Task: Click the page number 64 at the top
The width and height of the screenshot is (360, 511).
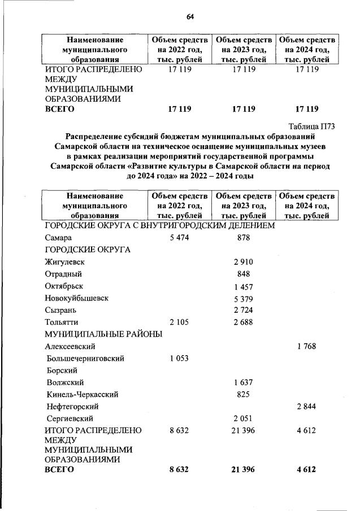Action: click(190, 17)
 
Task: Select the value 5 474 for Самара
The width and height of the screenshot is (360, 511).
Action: click(179, 238)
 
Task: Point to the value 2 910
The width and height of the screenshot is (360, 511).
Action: click(242, 262)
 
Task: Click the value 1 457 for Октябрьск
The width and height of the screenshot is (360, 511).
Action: click(242, 286)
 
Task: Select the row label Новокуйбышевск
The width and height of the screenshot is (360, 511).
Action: click(76, 298)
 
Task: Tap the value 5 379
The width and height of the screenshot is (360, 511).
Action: click(242, 299)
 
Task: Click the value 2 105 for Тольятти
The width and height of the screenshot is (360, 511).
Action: click(179, 322)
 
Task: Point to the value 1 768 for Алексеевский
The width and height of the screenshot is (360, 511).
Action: click(307, 346)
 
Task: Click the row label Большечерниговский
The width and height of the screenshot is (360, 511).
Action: click(86, 358)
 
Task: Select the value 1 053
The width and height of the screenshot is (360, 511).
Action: click(179, 358)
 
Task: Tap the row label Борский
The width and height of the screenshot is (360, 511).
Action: click(62, 370)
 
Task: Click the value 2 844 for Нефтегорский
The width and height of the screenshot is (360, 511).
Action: click(307, 406)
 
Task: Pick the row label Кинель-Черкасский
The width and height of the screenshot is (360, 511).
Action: click(83, 394)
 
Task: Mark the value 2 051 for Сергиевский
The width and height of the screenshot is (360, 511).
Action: click(242, 418)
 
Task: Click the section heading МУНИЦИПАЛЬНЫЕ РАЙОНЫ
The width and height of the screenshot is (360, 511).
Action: click(103, 334)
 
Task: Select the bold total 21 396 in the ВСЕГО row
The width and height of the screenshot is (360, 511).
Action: click(242, 470)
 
